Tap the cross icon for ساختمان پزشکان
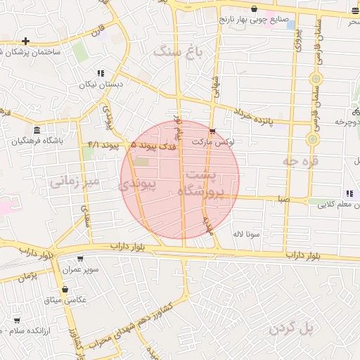click(x=26, y=41)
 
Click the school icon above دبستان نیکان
click(x=101, y=73)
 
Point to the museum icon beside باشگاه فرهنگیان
click(x=37, y=130)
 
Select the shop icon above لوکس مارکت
click(x=212, y=131)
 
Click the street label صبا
click(x=283, y=200)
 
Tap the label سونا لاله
click(x=249, y=233)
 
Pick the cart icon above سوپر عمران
click(x=79, y=259)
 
